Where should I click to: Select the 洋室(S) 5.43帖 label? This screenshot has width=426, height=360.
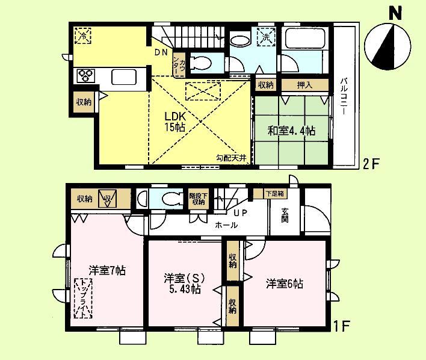pyautogui.click(x=184, y=283)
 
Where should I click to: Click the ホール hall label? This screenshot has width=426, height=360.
pyautogui.click(x=226, y=225)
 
